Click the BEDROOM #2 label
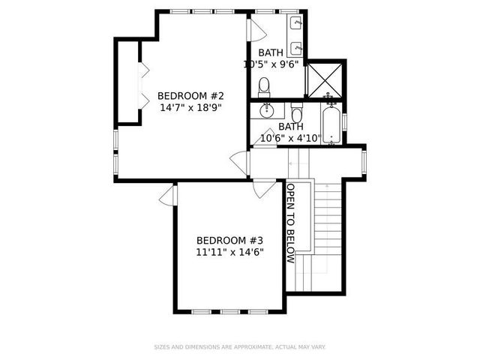point(190,96)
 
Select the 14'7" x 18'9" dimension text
point(190,108)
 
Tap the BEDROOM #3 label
point(229,240)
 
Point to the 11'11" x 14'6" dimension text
point(229,252)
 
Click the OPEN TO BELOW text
point(290,223)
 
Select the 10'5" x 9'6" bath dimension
point(271,64)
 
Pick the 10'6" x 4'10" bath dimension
point(291,138)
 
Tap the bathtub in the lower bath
point(331,123)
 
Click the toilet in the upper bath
point(265,88)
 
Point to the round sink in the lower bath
point(265,112)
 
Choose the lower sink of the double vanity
point(298,49)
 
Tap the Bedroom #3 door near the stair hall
point(262,188)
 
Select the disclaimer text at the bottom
point(240,347)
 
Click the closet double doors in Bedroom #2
point(143,80)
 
